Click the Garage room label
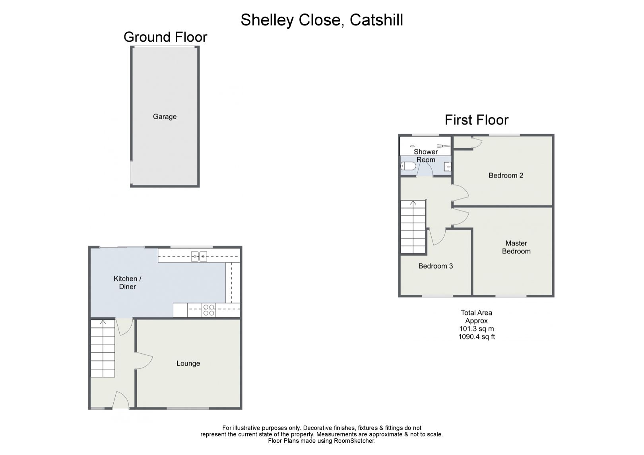click(x=165, y=116)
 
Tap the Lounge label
click(x=188, y=363)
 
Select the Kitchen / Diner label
click(x=127, y=283)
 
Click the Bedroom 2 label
click(x=506, y=175)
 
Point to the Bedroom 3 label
click(x=435, y=266)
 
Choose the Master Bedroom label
click(x=516, y=247)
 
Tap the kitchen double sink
click(x=199, y=257)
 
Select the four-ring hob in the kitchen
click(x=209, y=310)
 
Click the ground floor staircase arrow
click(x=103, y=322)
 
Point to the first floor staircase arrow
click(x=413, y=204)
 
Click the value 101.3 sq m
click(x=476, y=329)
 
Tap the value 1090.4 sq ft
click(x=476, y=337)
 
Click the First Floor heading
click(x=476, y=120)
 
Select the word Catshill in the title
click(x=376, y=20)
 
